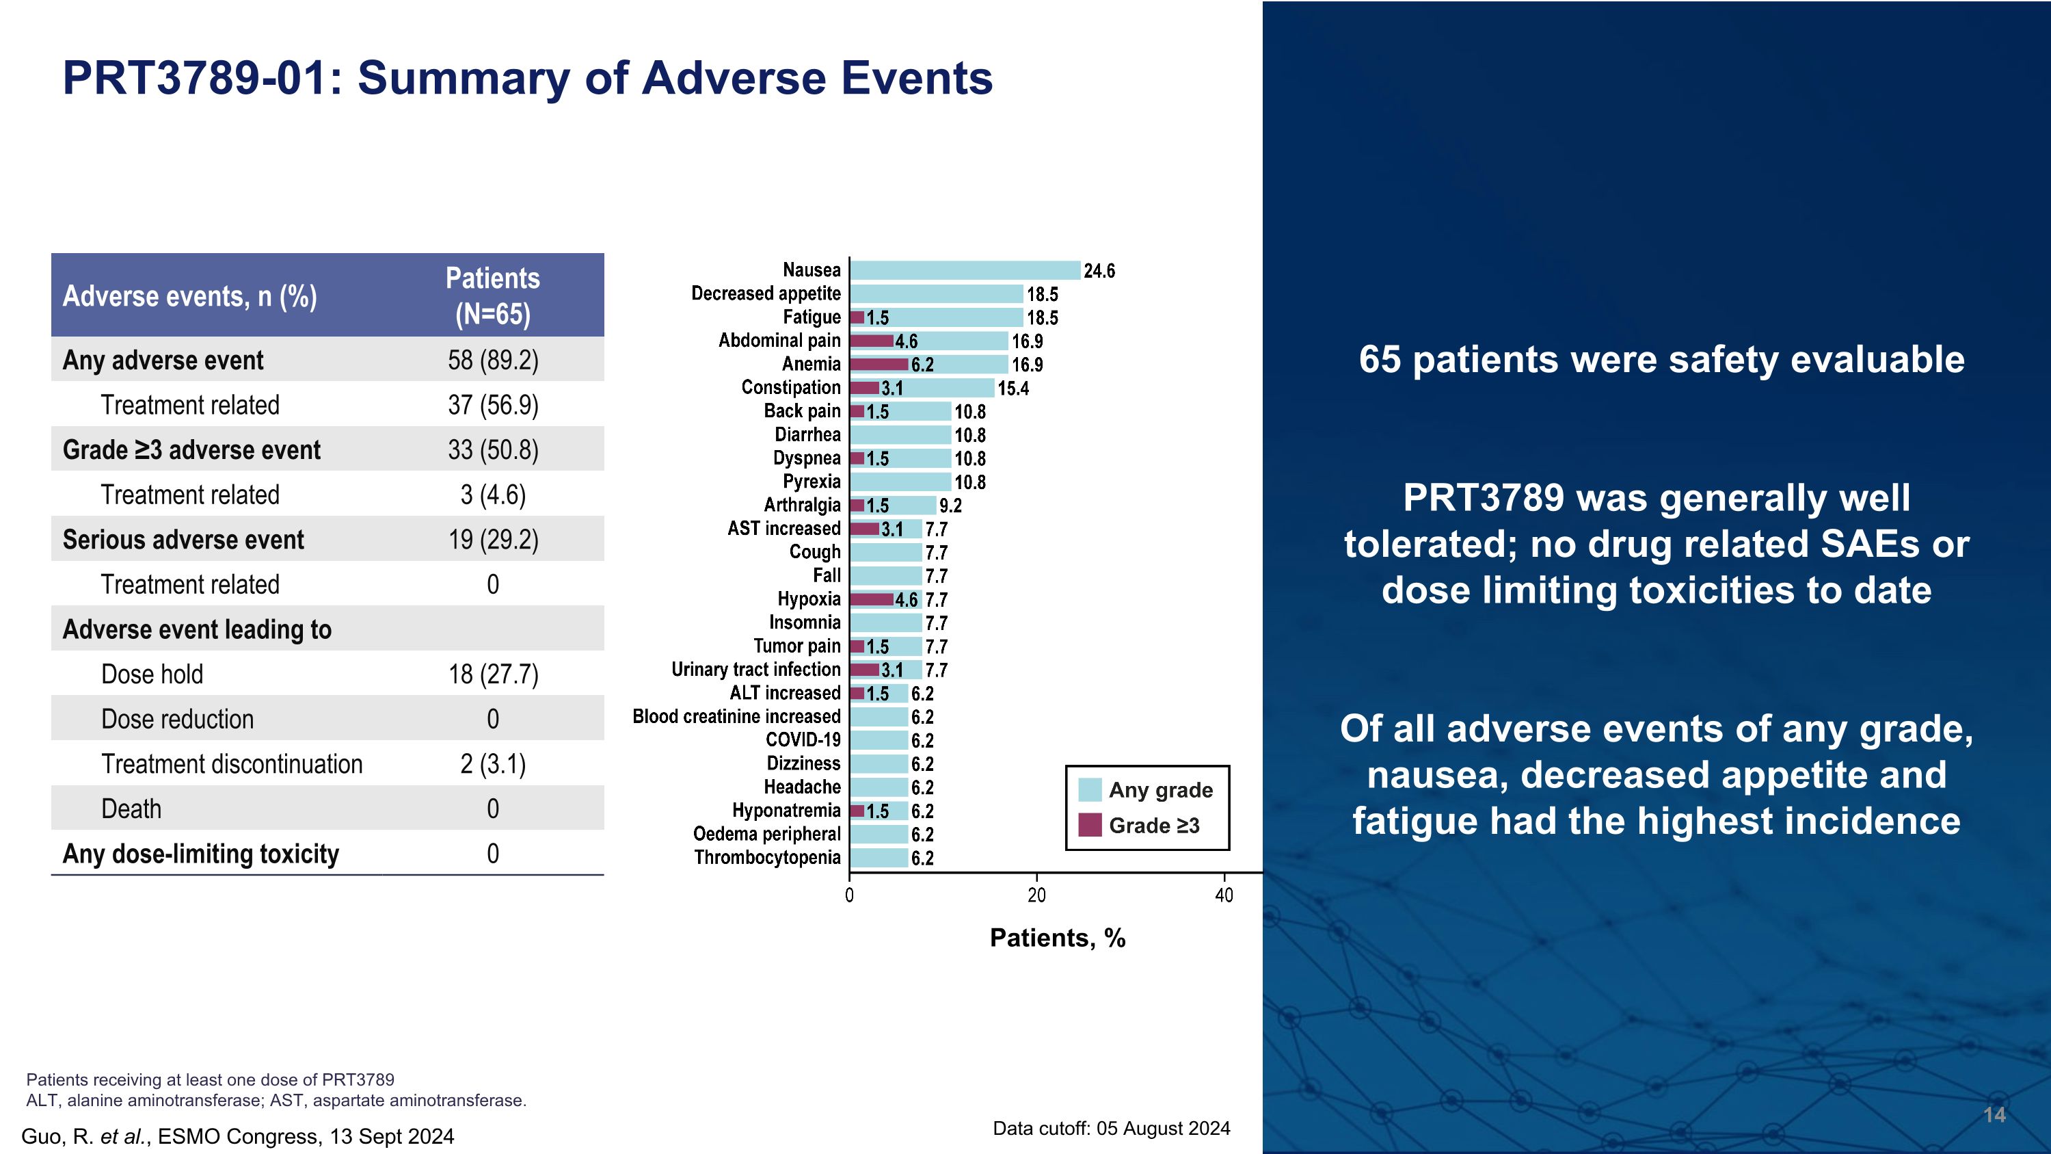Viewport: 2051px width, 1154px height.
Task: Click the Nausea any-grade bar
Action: [965, 271]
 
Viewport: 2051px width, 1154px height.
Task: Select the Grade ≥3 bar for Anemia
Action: [879, 365]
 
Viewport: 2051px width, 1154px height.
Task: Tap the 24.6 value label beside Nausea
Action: [1099, 272]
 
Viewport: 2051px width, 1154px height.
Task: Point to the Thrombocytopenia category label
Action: [767, 858]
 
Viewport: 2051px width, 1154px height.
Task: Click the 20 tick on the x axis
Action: [1036, 896]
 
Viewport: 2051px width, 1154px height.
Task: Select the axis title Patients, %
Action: [1058, 938]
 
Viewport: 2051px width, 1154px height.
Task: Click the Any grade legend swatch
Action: [1089, 790]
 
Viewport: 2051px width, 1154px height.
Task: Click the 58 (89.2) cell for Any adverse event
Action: [493, 360]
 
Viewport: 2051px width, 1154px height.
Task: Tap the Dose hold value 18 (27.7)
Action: [493, 674]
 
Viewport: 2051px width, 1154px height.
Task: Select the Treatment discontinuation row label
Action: [232, 765]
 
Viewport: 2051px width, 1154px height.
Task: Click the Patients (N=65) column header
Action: [492, 296]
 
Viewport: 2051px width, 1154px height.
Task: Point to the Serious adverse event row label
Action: [183, 540]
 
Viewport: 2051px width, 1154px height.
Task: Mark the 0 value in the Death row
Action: [493, 809]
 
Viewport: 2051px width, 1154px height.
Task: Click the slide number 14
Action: [1994, 1115]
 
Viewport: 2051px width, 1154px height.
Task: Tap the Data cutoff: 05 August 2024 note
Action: [1111, 1129]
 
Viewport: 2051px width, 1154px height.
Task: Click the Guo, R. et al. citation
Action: [237, 1136]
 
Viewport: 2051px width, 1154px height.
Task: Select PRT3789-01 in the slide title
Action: [194, 78]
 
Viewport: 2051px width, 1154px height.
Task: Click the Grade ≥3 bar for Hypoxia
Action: [872, 600]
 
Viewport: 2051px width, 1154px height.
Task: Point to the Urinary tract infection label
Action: [755, 670]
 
